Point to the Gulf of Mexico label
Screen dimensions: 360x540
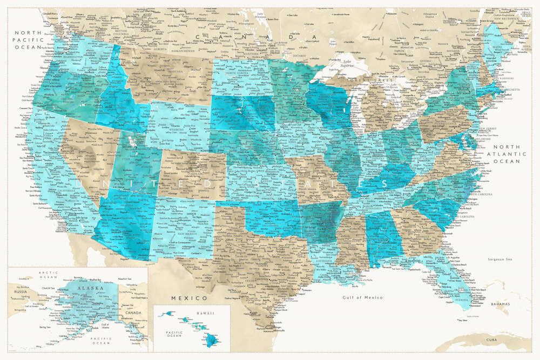click(362, 297)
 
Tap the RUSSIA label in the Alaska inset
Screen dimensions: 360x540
click(21, 292)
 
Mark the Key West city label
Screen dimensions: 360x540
click(462, 321)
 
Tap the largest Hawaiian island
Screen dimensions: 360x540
click(210, 340)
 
